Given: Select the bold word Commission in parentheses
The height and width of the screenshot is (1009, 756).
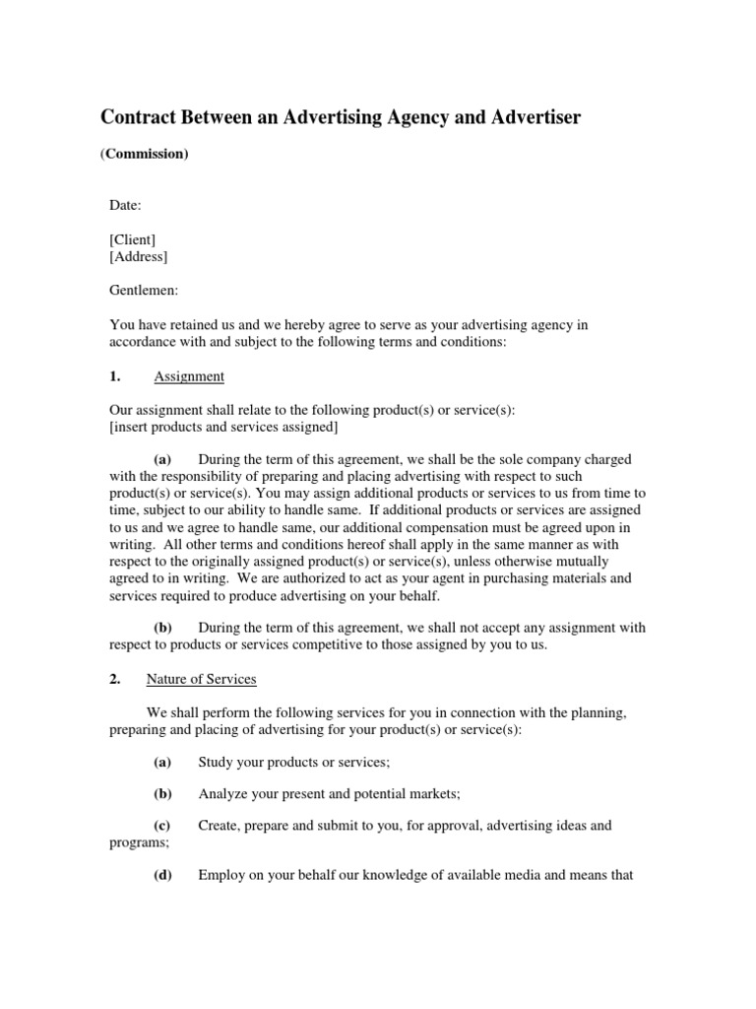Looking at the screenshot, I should [145, 155].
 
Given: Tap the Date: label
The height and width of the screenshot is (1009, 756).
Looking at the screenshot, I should [125, 205].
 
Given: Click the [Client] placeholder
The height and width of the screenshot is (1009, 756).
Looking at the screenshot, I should [132, 239].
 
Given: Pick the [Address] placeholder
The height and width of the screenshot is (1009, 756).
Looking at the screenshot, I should [139, 256].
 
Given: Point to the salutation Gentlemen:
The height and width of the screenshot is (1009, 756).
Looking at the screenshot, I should [145, 291].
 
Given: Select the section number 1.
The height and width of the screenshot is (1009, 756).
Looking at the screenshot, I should [114, 376].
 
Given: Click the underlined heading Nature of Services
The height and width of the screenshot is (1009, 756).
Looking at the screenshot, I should [202, 678].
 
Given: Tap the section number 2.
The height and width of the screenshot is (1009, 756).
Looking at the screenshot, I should [114, 678].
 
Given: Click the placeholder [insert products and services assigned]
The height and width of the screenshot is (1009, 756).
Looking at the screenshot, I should [224, 427].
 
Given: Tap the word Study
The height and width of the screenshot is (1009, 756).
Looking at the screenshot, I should [218, 762].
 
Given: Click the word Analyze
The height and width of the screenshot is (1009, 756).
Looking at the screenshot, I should [223, 793].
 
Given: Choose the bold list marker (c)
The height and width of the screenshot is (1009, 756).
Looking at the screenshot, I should [162, 826].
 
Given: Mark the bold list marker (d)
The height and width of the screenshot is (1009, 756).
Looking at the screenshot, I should [162, 875].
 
